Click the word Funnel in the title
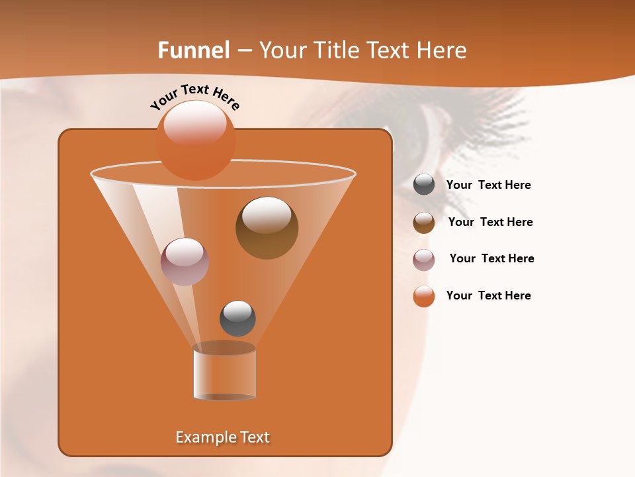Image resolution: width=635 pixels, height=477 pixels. (x=194, y=50)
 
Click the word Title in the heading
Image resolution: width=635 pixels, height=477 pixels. (x=337, y=50)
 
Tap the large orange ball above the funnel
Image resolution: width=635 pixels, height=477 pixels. (x=195, y=140)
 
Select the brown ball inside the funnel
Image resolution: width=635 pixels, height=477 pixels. (x=267, y=228)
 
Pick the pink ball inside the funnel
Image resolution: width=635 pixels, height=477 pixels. (x=185, y=261)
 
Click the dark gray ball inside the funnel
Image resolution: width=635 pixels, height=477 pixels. (x=237, y=318)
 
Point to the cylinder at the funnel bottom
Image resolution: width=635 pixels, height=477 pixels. (x=224, y=372)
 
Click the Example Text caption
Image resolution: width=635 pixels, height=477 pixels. (x=222, y=437)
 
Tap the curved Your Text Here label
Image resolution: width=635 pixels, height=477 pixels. (x=194, y=97)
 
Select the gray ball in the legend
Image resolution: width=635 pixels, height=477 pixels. (x=424, y=185)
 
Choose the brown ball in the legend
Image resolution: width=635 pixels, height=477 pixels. (x=424, y=223)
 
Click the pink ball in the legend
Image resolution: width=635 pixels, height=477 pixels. (x=424, y=260)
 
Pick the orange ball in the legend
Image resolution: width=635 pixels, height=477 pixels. (x=424, y=296)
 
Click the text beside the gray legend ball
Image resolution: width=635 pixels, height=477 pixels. (x=488, y=185)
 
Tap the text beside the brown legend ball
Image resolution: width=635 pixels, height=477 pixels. (x=490, y=223)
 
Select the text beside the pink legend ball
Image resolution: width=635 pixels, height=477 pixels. (x=491, y=259)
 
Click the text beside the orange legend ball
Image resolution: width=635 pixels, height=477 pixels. (x=488, y=296)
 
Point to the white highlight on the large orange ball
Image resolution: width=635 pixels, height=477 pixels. (x=194, y=123)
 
